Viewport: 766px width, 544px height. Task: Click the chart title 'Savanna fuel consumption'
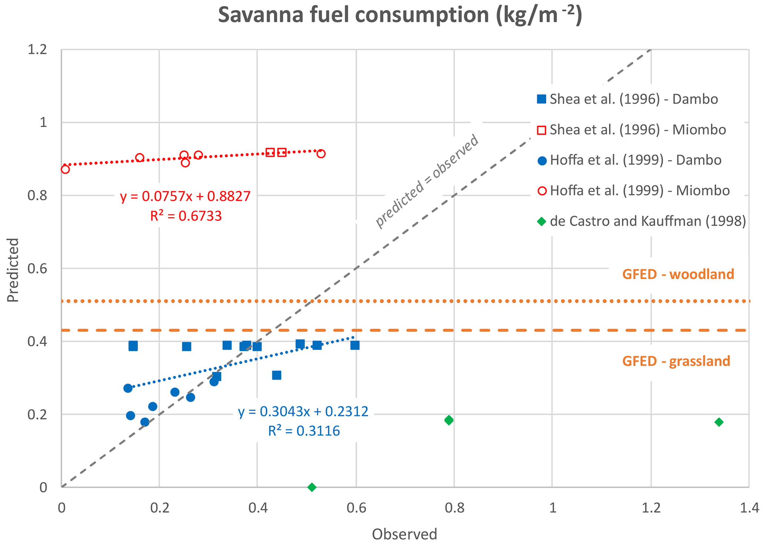click(399, 16)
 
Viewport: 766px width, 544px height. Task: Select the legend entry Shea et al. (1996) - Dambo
click(634, 99)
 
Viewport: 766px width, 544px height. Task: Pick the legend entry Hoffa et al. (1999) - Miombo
click(639, 191)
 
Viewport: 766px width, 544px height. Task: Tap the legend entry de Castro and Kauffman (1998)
click(647, 221)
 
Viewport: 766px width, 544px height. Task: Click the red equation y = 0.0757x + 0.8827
click(185, 196)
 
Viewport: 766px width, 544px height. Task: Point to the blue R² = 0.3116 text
click(304, 431)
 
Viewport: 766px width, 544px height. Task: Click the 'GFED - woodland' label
click(678, 274)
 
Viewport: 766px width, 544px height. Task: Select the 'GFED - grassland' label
click(676, 361)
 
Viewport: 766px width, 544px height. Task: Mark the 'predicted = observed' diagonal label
click(427, 181)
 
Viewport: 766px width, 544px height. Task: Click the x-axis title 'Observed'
click(404, 534)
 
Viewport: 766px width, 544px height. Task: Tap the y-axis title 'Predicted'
click(13, 270)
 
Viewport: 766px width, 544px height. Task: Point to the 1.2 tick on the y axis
click(37, 49)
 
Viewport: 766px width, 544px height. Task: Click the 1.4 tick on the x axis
click(749, 508)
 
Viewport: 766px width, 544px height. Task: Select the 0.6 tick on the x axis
click(356, 508)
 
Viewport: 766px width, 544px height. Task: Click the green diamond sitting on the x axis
click(312, 487)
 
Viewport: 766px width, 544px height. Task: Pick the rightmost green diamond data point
click(719, 422)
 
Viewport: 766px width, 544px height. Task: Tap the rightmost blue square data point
click(355, 345)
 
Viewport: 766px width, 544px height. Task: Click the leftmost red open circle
click(65, 169)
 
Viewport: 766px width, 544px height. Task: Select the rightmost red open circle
click(321, 154)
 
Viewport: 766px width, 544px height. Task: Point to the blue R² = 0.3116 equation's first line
click(303, 412)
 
